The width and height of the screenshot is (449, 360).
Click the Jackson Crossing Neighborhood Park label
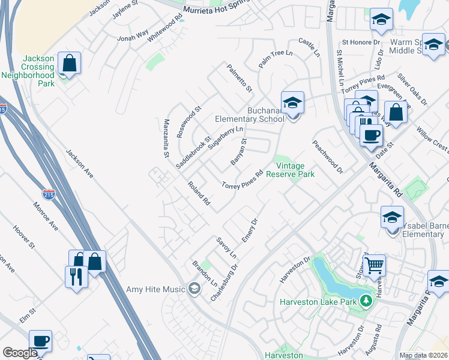pos(28,71)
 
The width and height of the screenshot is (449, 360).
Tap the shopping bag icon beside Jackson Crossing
pos(70,63)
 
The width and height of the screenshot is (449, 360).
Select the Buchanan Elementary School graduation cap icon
pos(292,103)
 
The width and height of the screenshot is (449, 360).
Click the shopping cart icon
pos(374,264)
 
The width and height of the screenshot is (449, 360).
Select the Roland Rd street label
pos(198,194)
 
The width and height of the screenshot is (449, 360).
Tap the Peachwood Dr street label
pos(327,157)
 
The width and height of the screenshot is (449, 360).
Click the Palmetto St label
pos(240,79)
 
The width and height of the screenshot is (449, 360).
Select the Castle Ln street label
pos(309,47)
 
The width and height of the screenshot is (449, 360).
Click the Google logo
pos(20,353)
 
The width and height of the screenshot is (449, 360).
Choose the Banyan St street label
pos(239,152)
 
